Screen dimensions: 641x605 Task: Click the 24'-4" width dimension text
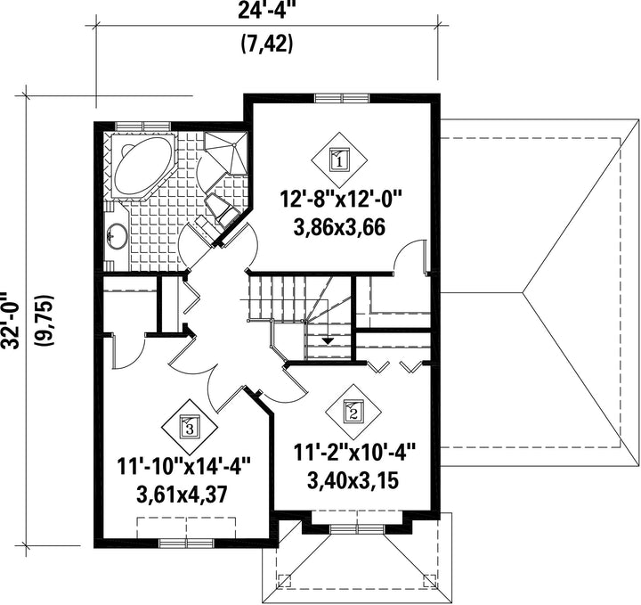click(265, 10)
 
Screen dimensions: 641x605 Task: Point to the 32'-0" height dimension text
click(9, 320)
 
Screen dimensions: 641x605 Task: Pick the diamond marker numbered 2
click(353, 411)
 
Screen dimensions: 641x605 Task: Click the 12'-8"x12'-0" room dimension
click(341, 201)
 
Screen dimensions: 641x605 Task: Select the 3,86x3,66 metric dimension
click(339, 227)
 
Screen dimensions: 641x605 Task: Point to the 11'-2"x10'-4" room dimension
click(354, 454)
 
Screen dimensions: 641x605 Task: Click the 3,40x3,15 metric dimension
click(353, 480)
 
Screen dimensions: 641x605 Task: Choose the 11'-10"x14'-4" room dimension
click(183, 468)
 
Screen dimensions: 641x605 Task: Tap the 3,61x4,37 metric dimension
click(183, 495)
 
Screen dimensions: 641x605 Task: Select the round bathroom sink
click(117, 235)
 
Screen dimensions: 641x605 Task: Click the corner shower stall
click(225, 152)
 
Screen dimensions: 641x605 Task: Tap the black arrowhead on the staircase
click(328, 340)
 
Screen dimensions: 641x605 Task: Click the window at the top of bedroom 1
click(342, 98)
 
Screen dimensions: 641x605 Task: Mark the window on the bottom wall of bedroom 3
click(186, 544)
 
